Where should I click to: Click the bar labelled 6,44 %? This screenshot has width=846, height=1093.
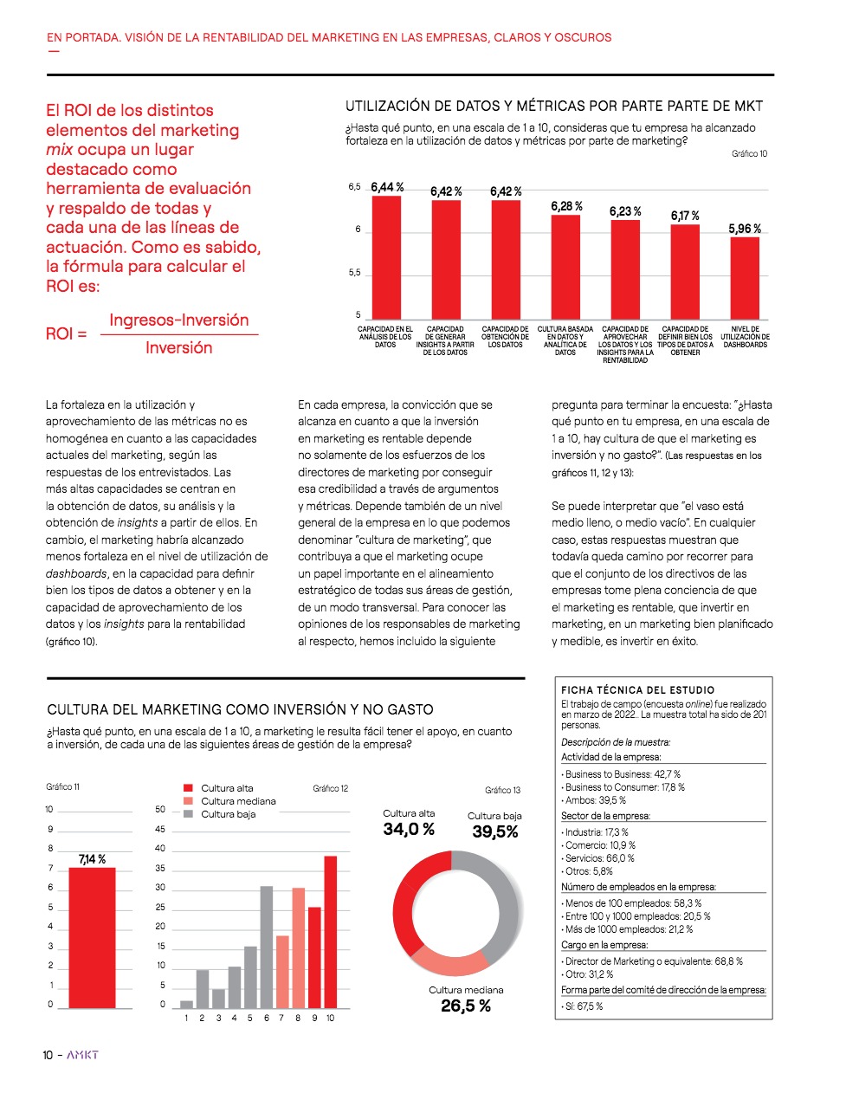point(386,257)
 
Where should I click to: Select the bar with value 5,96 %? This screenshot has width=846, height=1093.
point(745,277)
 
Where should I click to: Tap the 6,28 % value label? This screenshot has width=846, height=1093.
point(566,206)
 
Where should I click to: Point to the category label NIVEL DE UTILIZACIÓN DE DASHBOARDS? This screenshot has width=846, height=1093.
point(745,337)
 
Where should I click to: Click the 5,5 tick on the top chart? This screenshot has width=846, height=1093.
point(354,273)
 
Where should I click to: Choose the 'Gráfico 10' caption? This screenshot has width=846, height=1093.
point(749,153)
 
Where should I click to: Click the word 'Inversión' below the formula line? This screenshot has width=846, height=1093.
point(178,348)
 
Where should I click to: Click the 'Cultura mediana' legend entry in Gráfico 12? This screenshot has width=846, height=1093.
point(237,801)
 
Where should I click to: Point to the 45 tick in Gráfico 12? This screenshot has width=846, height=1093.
point(160,829)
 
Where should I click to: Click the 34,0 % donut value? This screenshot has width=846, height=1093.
point(409,830)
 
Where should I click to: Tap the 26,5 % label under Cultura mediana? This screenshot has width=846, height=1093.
point(465,1006)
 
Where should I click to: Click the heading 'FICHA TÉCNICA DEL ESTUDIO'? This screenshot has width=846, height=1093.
point(638,690)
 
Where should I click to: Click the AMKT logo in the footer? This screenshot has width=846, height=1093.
point(83,1055)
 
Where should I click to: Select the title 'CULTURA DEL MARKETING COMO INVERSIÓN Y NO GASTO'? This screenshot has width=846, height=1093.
point(241,709)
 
